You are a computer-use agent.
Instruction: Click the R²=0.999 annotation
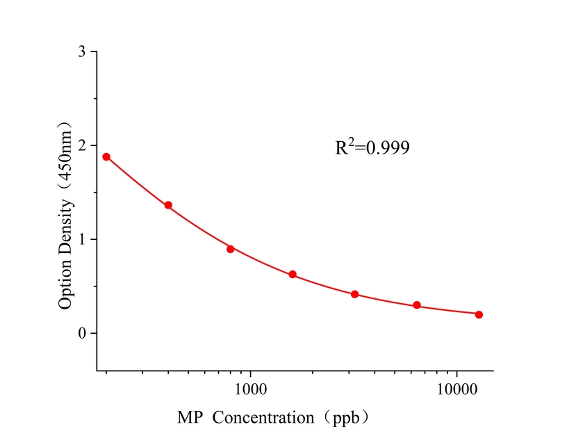[372, 147]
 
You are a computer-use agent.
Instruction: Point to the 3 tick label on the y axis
[83, 52]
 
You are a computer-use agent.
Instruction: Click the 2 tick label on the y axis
[83, 146]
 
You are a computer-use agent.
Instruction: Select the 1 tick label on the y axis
[83, 239]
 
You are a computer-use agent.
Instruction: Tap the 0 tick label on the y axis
[83, 333]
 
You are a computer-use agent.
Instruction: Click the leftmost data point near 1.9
[106, 156]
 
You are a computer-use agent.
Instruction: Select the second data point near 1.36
[168, 205]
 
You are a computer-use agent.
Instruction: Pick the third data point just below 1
[231, 249]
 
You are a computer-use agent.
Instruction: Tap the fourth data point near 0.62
[293, 275]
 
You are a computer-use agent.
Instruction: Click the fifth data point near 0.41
[354, 294]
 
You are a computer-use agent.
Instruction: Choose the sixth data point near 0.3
[417, 305]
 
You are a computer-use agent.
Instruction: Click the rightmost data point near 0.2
[479, 314]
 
